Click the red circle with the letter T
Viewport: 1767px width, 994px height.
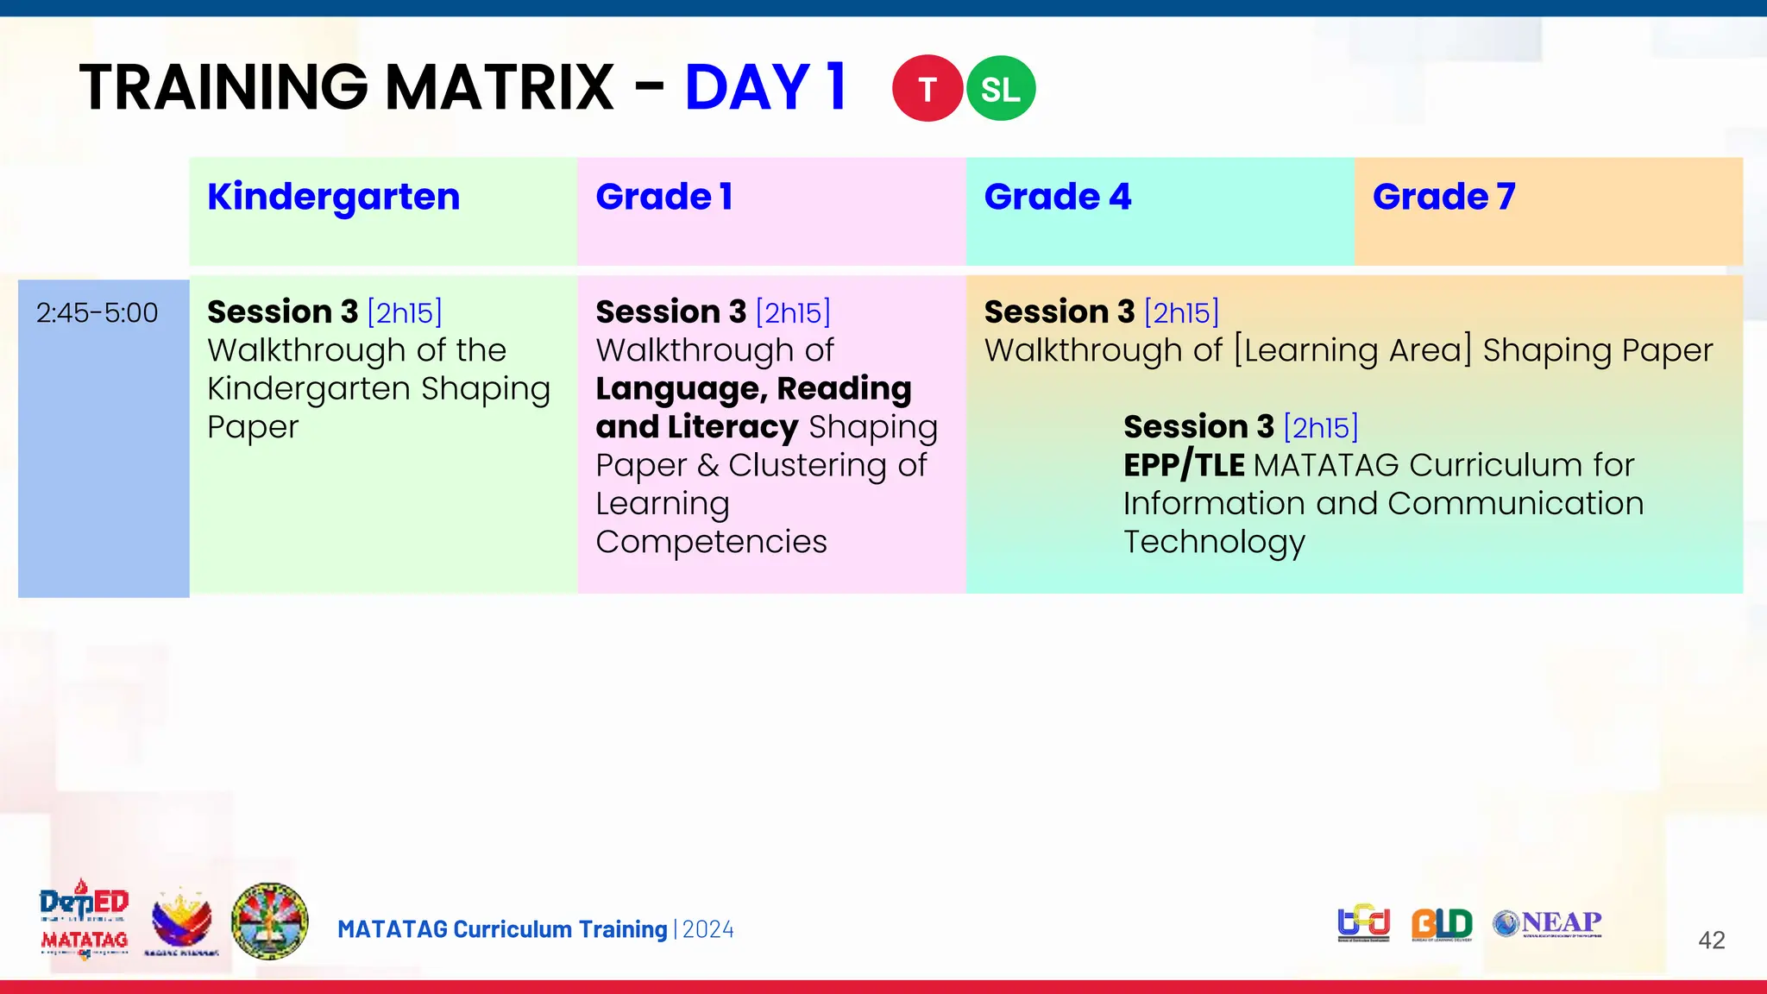tap(928, 89)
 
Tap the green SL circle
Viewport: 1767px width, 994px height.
tap(1001, 89)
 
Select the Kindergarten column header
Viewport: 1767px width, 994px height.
tap(334, 198)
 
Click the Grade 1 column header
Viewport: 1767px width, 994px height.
tap(664, 198)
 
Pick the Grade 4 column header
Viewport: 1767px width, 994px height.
tap(1058, 198)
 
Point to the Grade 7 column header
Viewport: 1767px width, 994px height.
tap(1443, 198)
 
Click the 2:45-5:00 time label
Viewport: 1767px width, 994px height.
tap(97, 312)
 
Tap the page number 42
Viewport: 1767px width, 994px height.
tap(1711, 940)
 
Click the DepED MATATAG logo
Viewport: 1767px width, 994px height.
tap(84, 920)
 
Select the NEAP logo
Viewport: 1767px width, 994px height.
tap(1548, 923)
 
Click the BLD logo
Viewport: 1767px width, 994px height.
tap(1442, 924)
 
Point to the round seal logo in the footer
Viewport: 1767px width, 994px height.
tap(270, 921)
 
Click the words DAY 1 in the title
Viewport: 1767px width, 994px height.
tap(765, 88)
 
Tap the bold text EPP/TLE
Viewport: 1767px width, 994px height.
tap(1184, 466)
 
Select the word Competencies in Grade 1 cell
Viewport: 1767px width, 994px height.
tap(711, 542)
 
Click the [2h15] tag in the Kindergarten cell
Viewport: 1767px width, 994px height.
tap(405, 312)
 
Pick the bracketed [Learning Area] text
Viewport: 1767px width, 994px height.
tap(1353, 350)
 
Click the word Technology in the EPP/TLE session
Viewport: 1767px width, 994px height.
tap(1214, 543)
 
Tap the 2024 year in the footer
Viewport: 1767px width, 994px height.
tap(708, 929)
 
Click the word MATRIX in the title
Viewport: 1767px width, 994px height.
tap(500, 88)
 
